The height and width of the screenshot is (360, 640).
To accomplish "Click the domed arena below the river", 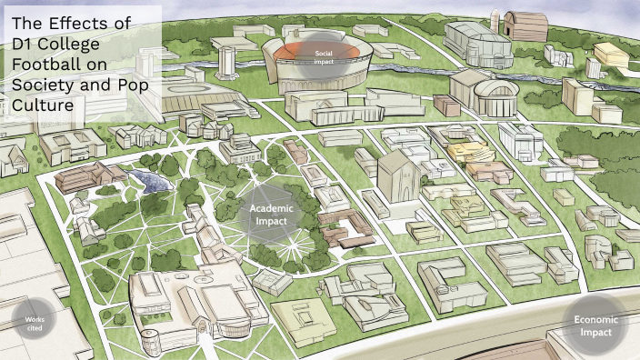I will point(481,92).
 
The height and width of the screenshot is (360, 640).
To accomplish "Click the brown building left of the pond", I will point(84,177).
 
